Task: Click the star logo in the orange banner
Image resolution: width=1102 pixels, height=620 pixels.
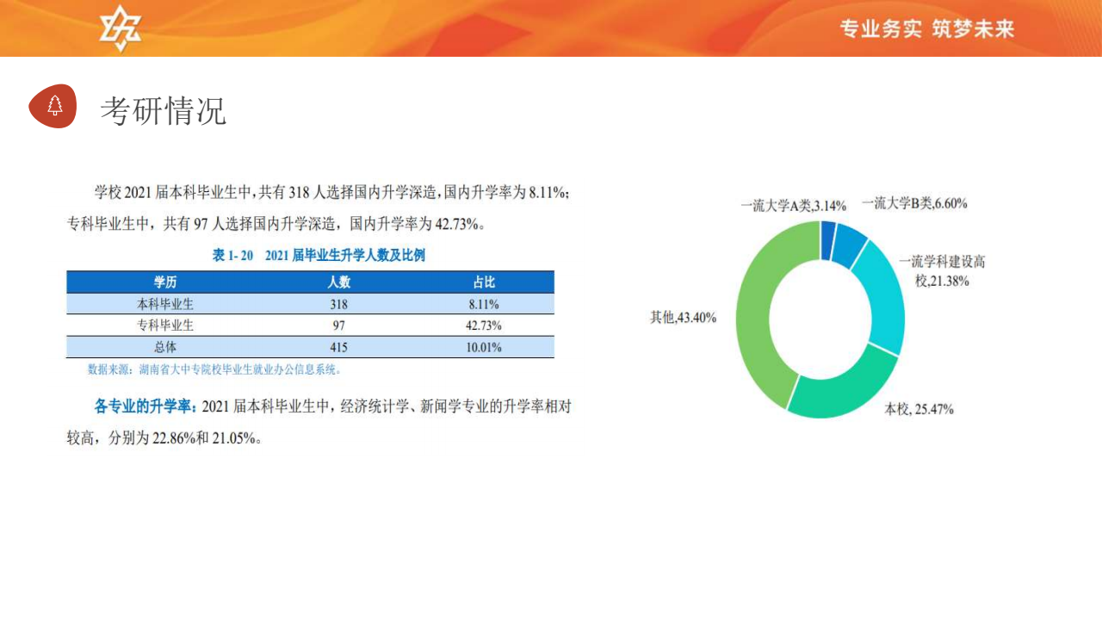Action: click(120, 28)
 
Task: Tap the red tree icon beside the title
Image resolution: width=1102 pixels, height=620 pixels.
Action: click(53, 106)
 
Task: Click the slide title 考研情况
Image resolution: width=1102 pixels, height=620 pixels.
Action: click(164, 111)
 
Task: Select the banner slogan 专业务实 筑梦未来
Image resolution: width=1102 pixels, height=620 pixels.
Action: click(927, 28)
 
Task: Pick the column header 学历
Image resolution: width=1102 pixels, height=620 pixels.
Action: click(164, 282)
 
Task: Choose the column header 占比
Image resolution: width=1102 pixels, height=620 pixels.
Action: click(484, 282)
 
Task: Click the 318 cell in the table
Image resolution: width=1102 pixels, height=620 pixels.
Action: click(338, 304)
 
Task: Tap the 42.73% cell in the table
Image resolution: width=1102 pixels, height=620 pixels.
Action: click(484, 325)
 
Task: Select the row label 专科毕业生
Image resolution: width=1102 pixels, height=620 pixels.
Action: click(164, 325)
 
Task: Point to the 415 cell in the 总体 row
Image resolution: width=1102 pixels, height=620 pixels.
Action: click(338, 347)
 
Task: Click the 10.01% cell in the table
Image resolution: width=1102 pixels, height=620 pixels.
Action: click(484, 347)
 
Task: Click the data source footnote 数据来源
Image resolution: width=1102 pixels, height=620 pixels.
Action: click(214, 369)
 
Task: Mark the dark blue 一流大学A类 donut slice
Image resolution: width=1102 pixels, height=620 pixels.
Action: click(827, 240)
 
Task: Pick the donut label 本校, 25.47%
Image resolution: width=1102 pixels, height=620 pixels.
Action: click(919, 409)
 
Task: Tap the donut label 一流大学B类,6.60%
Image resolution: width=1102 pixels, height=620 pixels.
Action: click(914, 203)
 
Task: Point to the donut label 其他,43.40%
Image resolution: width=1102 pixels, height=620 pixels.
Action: click(683, 318)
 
